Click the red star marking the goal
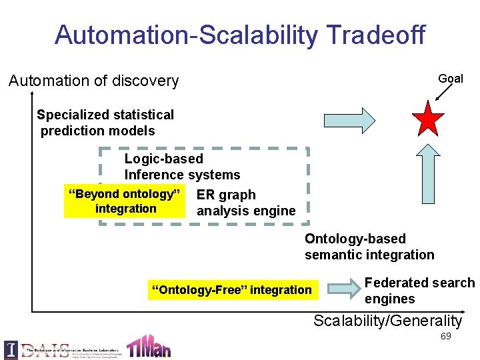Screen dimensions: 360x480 [x=428, y=119]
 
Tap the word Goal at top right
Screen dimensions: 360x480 [x=451, y=79]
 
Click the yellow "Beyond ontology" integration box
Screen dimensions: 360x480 [x=125, y=201]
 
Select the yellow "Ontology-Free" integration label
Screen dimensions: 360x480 [x=231, y=290]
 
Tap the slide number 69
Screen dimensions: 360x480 [x=445, y=336]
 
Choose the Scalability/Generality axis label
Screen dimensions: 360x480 [x=387, y=321]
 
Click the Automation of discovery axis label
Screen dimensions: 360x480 [x=93, y=81]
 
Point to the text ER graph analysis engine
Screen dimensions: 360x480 [x=245, y=203]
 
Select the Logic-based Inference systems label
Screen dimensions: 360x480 [x=182, y=167]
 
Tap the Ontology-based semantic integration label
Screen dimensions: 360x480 [x=369, y=247]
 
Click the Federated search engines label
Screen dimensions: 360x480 [x=419, y=291]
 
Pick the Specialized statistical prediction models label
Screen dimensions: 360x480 [x=105, y=123]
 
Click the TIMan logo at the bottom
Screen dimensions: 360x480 [x=149, y=345]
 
